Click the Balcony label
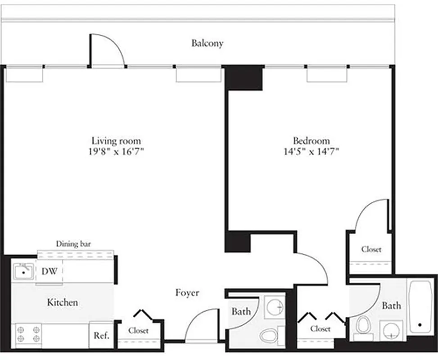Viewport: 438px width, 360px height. point(207,43)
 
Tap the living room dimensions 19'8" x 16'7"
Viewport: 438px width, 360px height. point(116,152)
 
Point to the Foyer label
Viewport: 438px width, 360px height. point(187,293)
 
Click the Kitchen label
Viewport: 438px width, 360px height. point(62,302)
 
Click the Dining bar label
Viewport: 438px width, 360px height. point(73,244)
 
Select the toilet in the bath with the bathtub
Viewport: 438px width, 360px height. point(363,325)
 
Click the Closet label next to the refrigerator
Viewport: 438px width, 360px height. point(138,331)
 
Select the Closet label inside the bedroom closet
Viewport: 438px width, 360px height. point(371,249)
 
